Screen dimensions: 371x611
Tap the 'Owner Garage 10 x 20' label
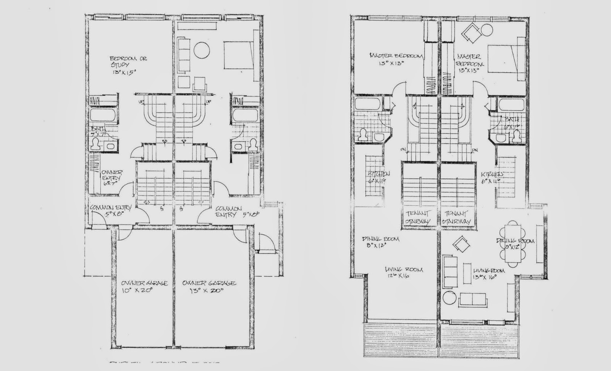point(144,286)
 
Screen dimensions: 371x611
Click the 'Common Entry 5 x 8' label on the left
point(111,211)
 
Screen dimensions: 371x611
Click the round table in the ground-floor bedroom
point(201,50)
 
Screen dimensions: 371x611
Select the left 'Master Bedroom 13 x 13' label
point(396,59)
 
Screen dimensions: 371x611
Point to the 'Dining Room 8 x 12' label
point(380,242)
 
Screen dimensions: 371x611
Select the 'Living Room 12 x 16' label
point(404,272)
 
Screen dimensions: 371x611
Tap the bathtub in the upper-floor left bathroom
point(366,104)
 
